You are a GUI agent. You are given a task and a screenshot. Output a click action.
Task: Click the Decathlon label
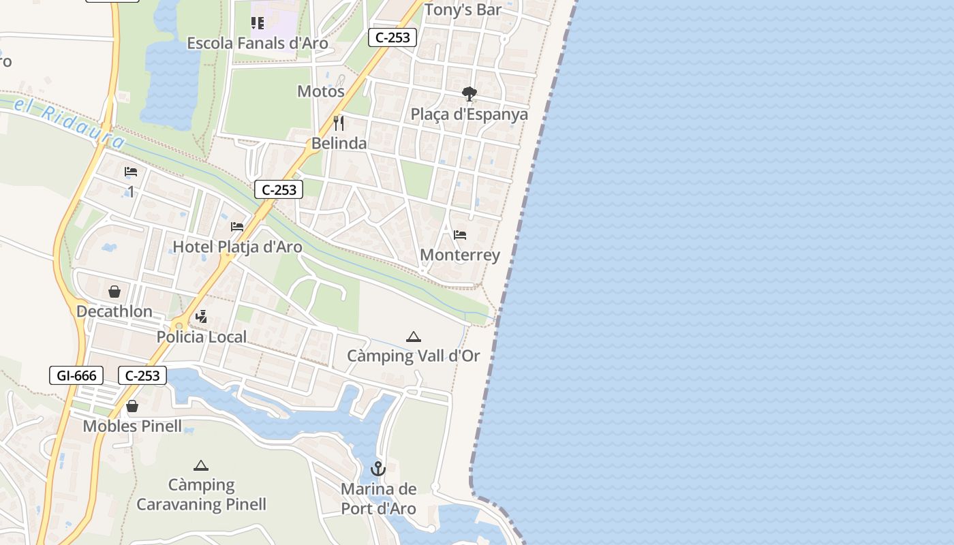114,311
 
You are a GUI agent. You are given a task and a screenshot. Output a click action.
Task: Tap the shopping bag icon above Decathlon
114,292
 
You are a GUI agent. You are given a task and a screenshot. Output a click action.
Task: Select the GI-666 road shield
76,375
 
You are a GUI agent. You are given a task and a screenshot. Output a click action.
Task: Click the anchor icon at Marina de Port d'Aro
378,469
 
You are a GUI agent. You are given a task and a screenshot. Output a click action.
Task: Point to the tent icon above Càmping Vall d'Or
413,337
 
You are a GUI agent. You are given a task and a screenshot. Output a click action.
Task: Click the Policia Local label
202,337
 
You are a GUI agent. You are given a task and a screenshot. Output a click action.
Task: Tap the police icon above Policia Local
201,316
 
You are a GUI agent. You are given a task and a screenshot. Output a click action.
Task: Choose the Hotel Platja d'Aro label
237,247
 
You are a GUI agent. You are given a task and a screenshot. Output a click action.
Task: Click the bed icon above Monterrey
460,235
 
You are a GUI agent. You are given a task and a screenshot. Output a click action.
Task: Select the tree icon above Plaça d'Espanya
469,94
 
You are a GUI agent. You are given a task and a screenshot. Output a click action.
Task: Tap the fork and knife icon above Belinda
338,123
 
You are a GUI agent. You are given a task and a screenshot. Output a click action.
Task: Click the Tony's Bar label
463,10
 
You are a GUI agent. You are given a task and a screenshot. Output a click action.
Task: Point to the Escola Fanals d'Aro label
258,44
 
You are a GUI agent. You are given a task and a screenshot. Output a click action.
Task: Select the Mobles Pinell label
132,426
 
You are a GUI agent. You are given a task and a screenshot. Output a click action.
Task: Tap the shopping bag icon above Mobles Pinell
132,406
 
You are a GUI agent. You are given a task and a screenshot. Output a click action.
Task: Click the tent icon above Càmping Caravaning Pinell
200,466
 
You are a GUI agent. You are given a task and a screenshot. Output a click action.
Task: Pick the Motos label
321,91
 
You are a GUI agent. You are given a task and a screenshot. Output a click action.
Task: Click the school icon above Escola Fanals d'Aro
258,24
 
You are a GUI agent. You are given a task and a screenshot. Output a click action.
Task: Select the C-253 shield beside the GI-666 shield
142,375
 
